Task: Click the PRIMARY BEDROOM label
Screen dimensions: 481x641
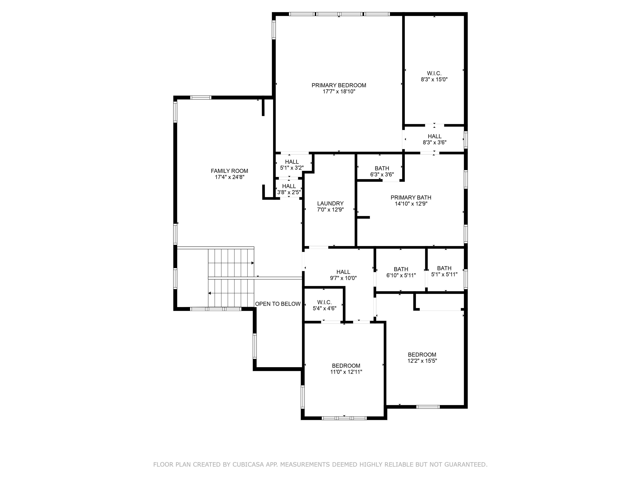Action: pos(339,85)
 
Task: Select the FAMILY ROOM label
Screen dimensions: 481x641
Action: pos(229,171)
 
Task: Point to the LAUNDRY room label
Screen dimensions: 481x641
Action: pos(330,204)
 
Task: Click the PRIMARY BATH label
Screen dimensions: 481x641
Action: pos(411,197)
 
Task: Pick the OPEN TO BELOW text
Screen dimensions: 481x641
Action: pos(278,304)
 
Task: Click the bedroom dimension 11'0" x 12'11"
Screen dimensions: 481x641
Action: pos(346,372)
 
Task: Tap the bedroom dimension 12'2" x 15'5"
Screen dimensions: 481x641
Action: pos(422,361)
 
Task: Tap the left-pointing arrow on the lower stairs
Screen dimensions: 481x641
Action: pos(209,293)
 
